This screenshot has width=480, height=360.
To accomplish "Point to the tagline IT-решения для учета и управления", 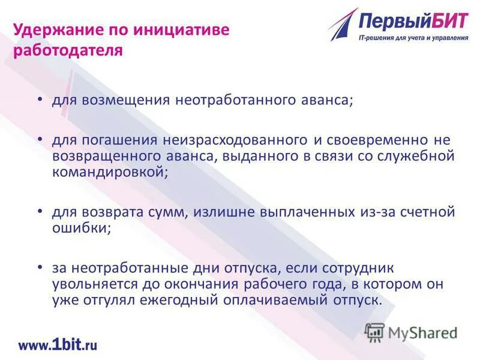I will pos(413,38).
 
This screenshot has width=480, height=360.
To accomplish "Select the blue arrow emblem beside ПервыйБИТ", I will pos(343,25).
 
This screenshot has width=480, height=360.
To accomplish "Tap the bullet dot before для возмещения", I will pos(40,98).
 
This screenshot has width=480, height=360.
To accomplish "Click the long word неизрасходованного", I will pos(234,140).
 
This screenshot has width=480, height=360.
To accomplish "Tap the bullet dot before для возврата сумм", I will pos(40,211).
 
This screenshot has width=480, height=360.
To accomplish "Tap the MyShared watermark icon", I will pos(375,332).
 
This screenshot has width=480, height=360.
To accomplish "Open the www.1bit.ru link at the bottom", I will pos(58,344).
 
